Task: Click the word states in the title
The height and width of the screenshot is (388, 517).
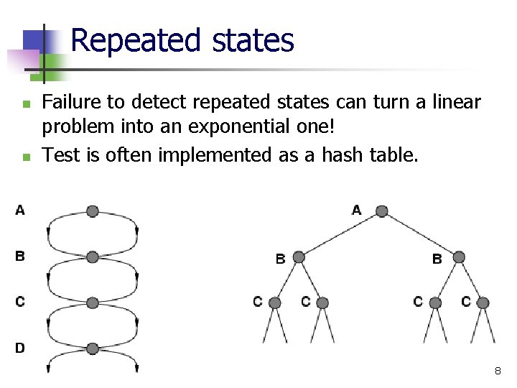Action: [253, 41]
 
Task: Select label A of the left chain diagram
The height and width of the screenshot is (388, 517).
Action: [19, 210]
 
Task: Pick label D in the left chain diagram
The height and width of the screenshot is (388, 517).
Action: [19, 348]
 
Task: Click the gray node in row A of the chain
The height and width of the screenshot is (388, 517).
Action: [92, 211]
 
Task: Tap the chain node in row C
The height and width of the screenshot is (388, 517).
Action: [92, 302]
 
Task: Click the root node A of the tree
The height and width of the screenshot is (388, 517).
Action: [381, 211]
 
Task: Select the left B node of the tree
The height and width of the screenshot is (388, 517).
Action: [299, 257]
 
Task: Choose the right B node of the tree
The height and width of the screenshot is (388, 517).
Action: [459, 257]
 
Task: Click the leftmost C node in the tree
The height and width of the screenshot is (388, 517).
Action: [275, 302]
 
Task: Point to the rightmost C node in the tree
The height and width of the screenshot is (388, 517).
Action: [483, 302]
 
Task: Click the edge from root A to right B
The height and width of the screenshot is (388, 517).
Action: [420, 234]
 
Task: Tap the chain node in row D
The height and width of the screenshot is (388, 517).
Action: [92, 348]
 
